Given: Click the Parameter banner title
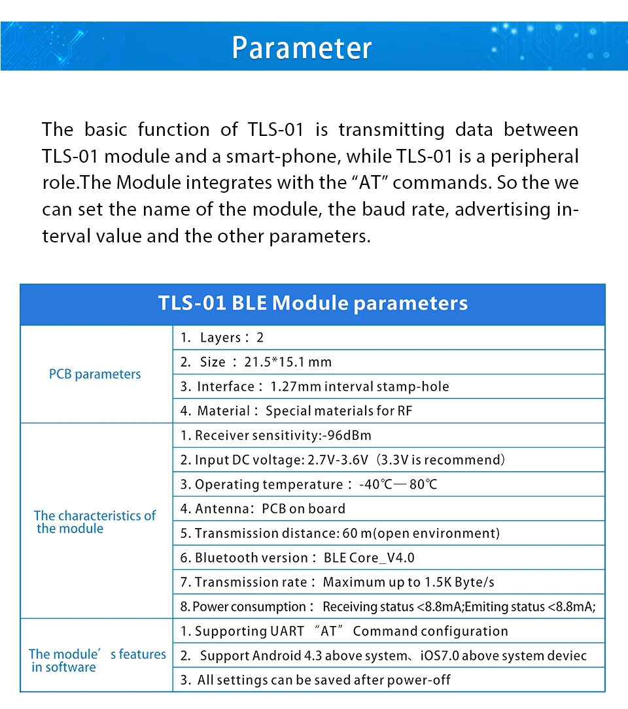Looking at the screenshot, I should point(302,48).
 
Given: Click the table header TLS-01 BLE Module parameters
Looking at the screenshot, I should point(313,304).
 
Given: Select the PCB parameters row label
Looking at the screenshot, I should point(95,374).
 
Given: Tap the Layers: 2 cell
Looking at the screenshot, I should point(222,338).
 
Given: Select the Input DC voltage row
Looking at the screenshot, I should point(343,460).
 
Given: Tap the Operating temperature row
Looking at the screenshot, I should point(309,484).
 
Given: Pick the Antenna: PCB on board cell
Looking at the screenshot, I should point(263,508).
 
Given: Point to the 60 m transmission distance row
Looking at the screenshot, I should point(340,533).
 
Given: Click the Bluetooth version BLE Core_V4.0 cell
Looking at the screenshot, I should point(298,557).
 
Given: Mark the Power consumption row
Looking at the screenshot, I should point(388,606).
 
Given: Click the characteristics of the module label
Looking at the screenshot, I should point(95,521).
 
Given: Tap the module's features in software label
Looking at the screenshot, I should point(97,660).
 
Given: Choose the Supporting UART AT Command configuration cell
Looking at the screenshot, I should point(344,631).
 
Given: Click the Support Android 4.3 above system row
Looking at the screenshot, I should point(384,655).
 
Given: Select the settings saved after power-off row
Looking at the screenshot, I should point(316,680).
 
